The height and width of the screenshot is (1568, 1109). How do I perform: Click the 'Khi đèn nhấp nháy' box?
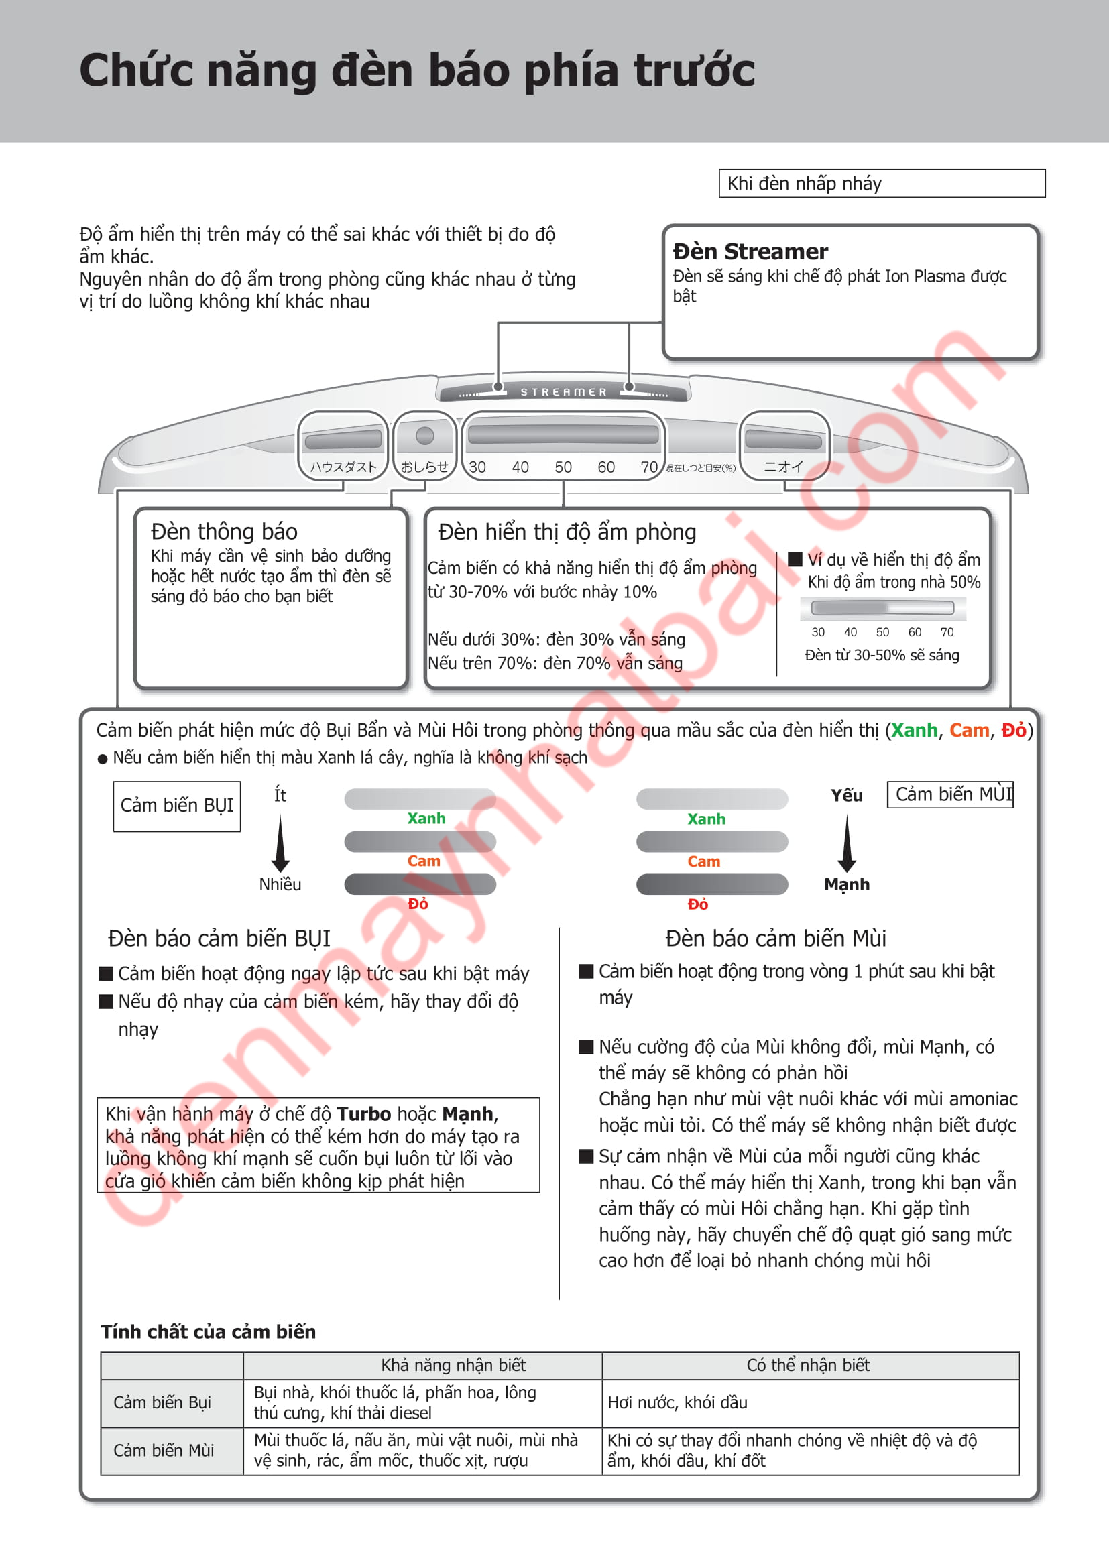click(882, 183)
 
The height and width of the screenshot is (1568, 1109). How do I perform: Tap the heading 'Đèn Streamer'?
click(750, 251)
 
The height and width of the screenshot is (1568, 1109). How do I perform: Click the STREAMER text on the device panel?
click(563, 392)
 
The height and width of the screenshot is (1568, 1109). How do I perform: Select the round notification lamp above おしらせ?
click(424, 435)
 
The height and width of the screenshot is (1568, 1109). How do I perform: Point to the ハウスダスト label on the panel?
click(343, 467)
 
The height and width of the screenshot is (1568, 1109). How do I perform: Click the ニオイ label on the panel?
click(783, 467)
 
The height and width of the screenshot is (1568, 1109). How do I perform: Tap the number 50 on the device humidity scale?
click(563, 467)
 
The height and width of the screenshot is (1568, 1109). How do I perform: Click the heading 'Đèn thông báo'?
click(224, 532)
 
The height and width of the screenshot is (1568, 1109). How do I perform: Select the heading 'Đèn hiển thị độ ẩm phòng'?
click(567, 532)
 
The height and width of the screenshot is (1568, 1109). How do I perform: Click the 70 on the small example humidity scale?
click(947, 632)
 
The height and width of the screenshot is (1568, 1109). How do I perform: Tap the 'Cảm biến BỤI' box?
click(177, 806)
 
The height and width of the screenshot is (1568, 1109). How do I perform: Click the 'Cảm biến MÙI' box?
click(951, 794)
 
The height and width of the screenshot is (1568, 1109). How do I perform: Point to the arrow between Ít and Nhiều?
click(280, 844)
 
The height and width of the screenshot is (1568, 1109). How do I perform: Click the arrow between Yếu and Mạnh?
click(847, 844)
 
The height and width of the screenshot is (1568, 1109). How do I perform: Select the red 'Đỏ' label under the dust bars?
click(418, 904)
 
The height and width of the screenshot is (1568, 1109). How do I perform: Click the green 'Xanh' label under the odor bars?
click(706, 819)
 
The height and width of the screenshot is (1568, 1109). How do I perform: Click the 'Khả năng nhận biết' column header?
click(453, 1364)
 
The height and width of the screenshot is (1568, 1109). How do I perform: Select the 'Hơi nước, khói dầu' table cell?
click(677, 1402)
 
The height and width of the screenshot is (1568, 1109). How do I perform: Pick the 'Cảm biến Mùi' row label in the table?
click(163, 1450)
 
